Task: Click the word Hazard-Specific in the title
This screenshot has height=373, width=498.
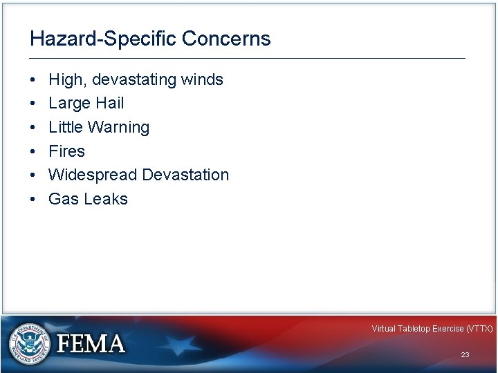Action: click(104, 39)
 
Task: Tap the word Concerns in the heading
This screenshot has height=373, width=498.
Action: click(227, 39)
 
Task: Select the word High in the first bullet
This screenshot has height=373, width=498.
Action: click(65, 80)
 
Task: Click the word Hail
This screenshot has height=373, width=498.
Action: click(110, 104)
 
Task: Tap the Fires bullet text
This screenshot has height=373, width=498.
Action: click(67, 151)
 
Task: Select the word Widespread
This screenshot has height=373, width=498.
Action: click(93, 175)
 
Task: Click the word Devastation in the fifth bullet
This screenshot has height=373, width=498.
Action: click(185, 175)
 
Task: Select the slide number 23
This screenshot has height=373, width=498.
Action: click(465, 354)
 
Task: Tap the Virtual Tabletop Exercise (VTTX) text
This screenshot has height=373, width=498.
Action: click(432, 329)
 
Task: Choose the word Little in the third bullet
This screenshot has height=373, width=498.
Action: click(64, 128)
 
